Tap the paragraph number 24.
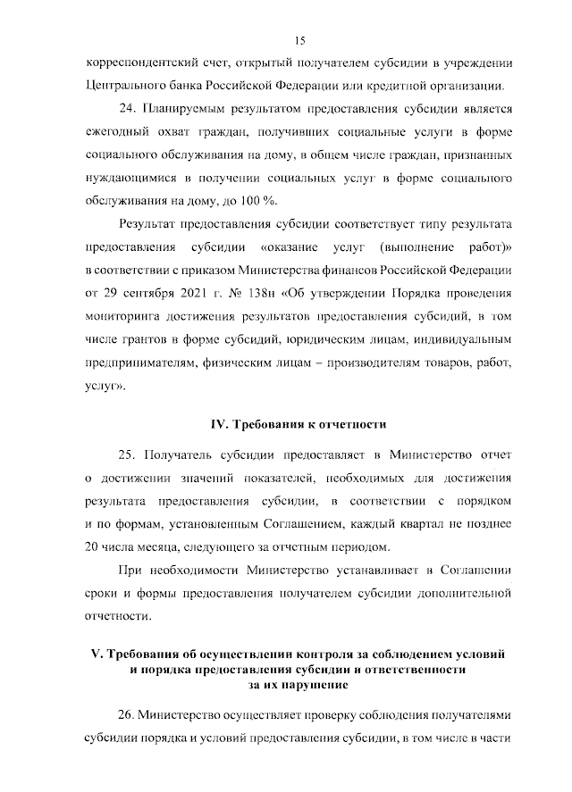click(x=126, y=109)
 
